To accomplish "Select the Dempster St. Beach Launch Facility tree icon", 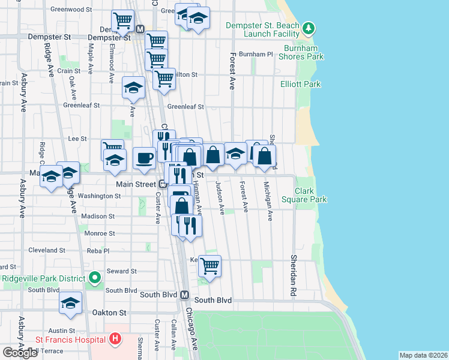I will coord(308,28).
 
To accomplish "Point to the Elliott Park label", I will coord(300,85).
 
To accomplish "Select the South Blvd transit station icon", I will coord(185,295).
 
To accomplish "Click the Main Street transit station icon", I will coord(162,184).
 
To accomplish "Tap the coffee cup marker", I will coord(144,158).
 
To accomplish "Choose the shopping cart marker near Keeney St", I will coord(209,265).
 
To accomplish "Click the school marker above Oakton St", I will coord(71,302).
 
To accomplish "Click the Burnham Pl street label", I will coord(256,54).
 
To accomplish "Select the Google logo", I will coord(20,353).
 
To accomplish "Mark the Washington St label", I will coord(99,196).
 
